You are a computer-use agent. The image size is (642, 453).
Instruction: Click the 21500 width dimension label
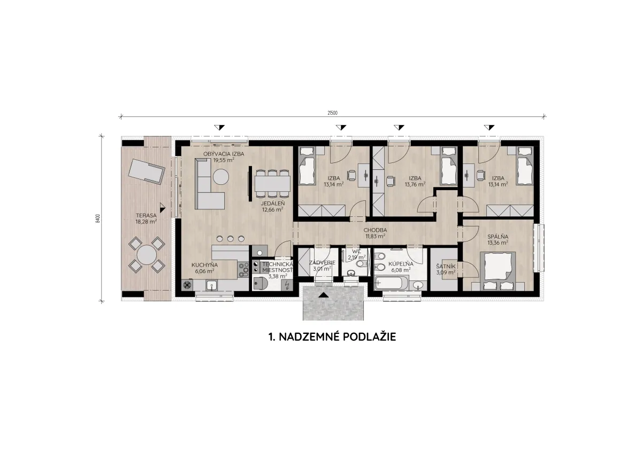(332, 113)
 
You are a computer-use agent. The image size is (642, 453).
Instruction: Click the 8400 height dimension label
(98, 218)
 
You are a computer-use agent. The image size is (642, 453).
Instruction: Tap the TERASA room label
(146, 215)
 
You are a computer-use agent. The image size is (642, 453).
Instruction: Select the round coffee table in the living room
(221, 177)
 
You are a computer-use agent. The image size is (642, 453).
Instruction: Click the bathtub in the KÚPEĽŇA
(391, 283)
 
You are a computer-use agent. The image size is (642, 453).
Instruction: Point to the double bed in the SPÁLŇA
(498, 271)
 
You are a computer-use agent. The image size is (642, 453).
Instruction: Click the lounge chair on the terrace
(147, 171)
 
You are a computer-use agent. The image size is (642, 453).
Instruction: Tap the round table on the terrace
(147, 255)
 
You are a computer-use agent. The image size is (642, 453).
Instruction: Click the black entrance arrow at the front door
(324, 295)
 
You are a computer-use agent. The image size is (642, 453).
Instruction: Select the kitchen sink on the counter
(211, 286)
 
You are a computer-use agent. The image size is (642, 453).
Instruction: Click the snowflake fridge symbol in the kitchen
(187, 285)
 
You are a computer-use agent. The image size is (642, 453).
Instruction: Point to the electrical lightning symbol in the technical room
(287, 285)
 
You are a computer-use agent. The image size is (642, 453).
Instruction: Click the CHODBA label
(375, 230)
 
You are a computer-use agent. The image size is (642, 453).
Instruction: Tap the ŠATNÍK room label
(446, 267)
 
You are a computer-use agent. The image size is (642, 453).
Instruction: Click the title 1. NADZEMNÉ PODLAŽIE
(332, 337)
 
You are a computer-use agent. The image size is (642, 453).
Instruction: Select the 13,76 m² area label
(415, 184)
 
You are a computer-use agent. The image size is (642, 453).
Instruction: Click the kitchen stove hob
(243, 270)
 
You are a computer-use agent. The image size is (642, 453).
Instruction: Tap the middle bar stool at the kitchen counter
(231, 238)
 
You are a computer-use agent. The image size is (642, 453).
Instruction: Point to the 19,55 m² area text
(224, 160)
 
